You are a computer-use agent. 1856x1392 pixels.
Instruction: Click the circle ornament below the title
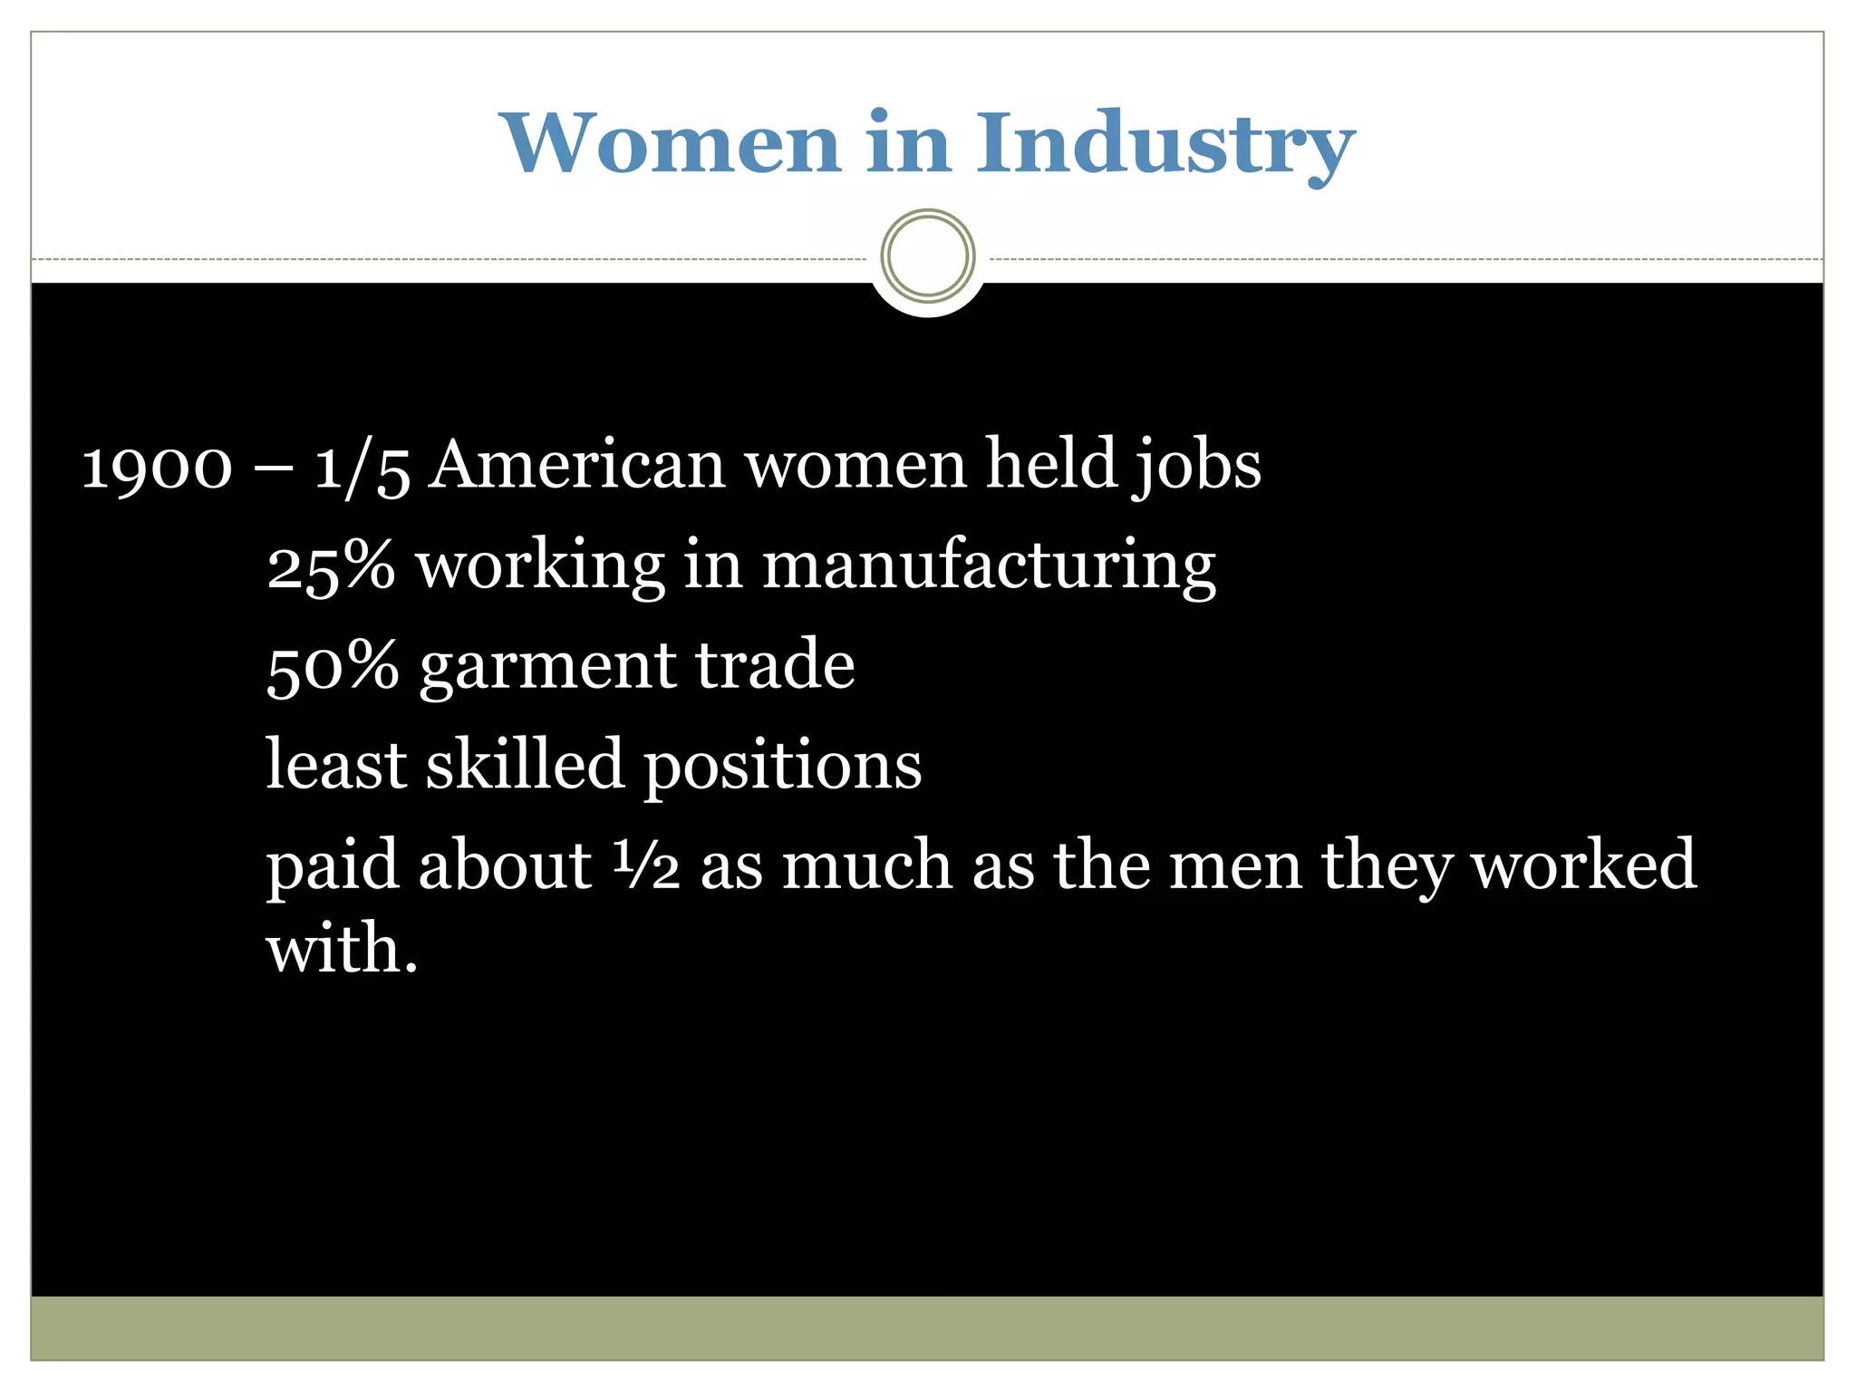(927, 256)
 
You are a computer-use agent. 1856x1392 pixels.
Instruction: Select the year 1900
(157, 467)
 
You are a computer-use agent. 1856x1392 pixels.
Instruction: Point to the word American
(576, 465)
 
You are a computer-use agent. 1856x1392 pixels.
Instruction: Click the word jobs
(1197, 467)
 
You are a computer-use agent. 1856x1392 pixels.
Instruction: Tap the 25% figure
(331, 566)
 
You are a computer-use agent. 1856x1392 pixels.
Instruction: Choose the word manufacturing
(989, 566)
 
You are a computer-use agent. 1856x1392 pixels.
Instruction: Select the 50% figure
(333, 666)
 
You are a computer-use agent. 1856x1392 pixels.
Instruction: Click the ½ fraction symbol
(646, 865)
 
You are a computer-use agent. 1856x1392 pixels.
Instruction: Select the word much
(866, 865)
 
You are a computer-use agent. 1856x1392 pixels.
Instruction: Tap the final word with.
(342, 949)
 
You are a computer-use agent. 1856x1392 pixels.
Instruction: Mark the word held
(1051, 465)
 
